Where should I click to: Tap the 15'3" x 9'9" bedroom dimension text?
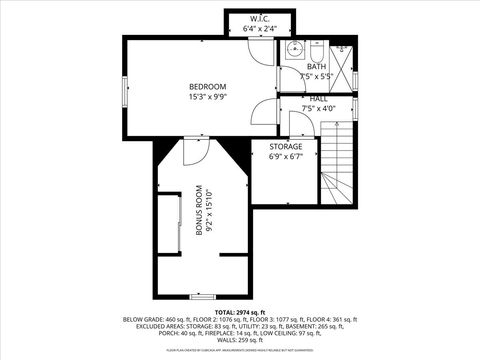208,97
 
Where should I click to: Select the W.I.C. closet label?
258,19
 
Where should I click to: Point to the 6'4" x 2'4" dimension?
258,29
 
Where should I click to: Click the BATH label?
316,66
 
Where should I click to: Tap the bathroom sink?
294,49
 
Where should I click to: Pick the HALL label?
318,99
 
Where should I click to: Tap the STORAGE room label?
285,146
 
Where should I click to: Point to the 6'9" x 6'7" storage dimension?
285,156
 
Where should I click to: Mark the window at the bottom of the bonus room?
203,297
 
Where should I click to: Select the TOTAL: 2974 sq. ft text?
239,312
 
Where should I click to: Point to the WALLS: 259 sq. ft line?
239,340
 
